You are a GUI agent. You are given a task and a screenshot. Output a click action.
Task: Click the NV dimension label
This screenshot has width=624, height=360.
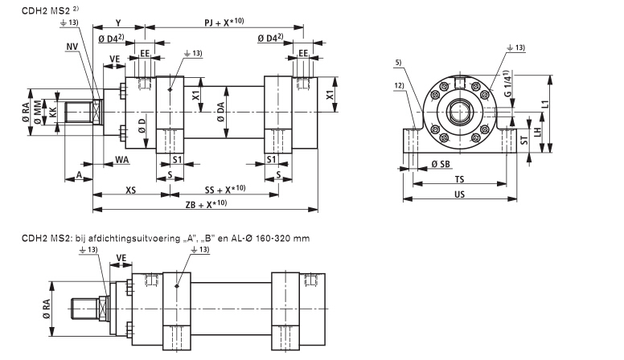[73, 47]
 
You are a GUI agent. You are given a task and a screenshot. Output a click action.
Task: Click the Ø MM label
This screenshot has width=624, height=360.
[39, 117]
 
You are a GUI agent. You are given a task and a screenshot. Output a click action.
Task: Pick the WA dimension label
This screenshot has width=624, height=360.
[121, 160]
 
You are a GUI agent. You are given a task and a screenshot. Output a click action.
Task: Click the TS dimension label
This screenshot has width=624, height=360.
[459, 180]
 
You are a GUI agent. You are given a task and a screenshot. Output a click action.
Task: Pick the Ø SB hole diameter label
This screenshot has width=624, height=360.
[440, 164]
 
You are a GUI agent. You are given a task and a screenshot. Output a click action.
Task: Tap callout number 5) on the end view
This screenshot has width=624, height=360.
[400, 63]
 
